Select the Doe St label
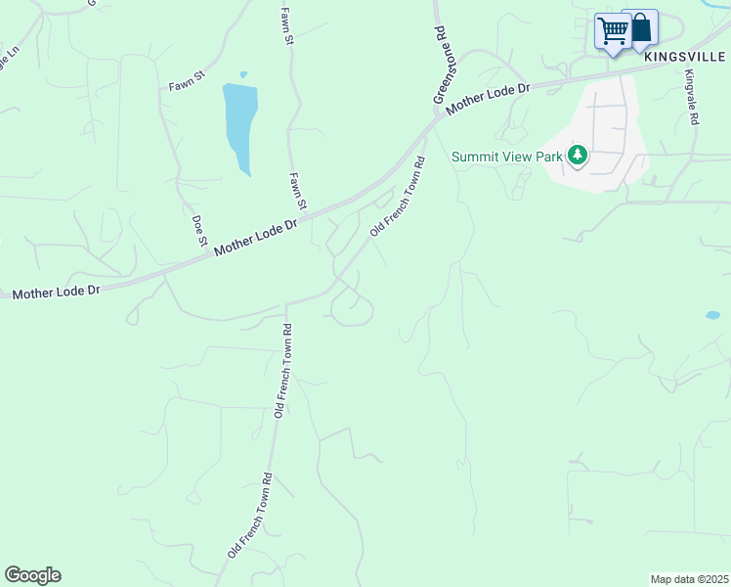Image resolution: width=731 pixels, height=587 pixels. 199,230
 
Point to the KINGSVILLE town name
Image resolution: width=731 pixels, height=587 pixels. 686,56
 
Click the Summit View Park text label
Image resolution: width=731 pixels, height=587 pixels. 508,157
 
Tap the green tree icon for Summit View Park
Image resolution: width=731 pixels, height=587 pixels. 579,155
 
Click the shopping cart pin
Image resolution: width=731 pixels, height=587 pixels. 613,31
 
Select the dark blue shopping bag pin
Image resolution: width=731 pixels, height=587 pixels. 641,27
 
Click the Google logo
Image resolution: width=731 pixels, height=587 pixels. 32,575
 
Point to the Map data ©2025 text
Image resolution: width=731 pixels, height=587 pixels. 689,579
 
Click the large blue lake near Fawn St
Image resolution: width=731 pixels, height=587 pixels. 240,122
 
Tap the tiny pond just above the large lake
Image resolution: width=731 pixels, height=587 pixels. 243,74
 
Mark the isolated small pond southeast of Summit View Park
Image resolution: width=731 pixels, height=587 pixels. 712,315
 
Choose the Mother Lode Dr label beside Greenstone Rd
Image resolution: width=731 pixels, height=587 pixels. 488,101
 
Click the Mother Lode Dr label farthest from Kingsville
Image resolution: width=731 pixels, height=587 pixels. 57,292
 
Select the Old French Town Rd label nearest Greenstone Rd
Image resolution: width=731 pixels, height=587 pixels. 399,197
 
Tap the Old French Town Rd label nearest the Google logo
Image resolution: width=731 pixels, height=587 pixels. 250,516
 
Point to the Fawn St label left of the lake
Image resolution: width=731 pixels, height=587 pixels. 186,74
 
